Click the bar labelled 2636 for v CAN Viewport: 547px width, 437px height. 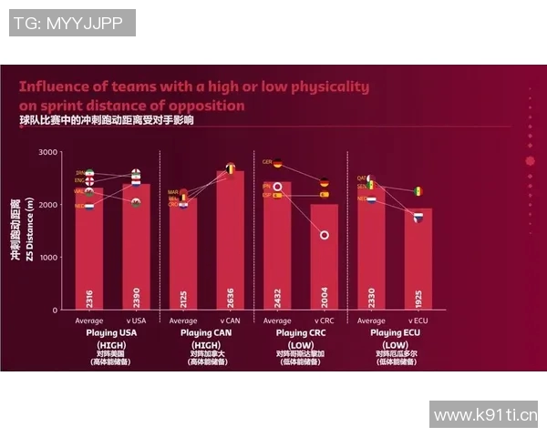pos(230,241)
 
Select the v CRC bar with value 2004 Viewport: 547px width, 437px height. pos(324,259)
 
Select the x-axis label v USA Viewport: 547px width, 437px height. pos(135,320)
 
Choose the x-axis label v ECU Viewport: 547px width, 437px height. pos(418,320)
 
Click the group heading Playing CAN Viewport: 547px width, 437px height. pos(206,333)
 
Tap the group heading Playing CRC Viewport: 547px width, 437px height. pos(301,333)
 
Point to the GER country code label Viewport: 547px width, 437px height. pos(267,162)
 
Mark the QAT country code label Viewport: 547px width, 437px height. pos(361,178)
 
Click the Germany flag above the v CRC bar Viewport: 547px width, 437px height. pos(325,183)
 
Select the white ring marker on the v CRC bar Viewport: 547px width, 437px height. pos(325,235)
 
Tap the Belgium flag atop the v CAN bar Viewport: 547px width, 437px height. pos(231,168)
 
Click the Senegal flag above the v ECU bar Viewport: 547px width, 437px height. pos(418,191)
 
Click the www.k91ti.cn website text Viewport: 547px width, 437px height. pos(485,415)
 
